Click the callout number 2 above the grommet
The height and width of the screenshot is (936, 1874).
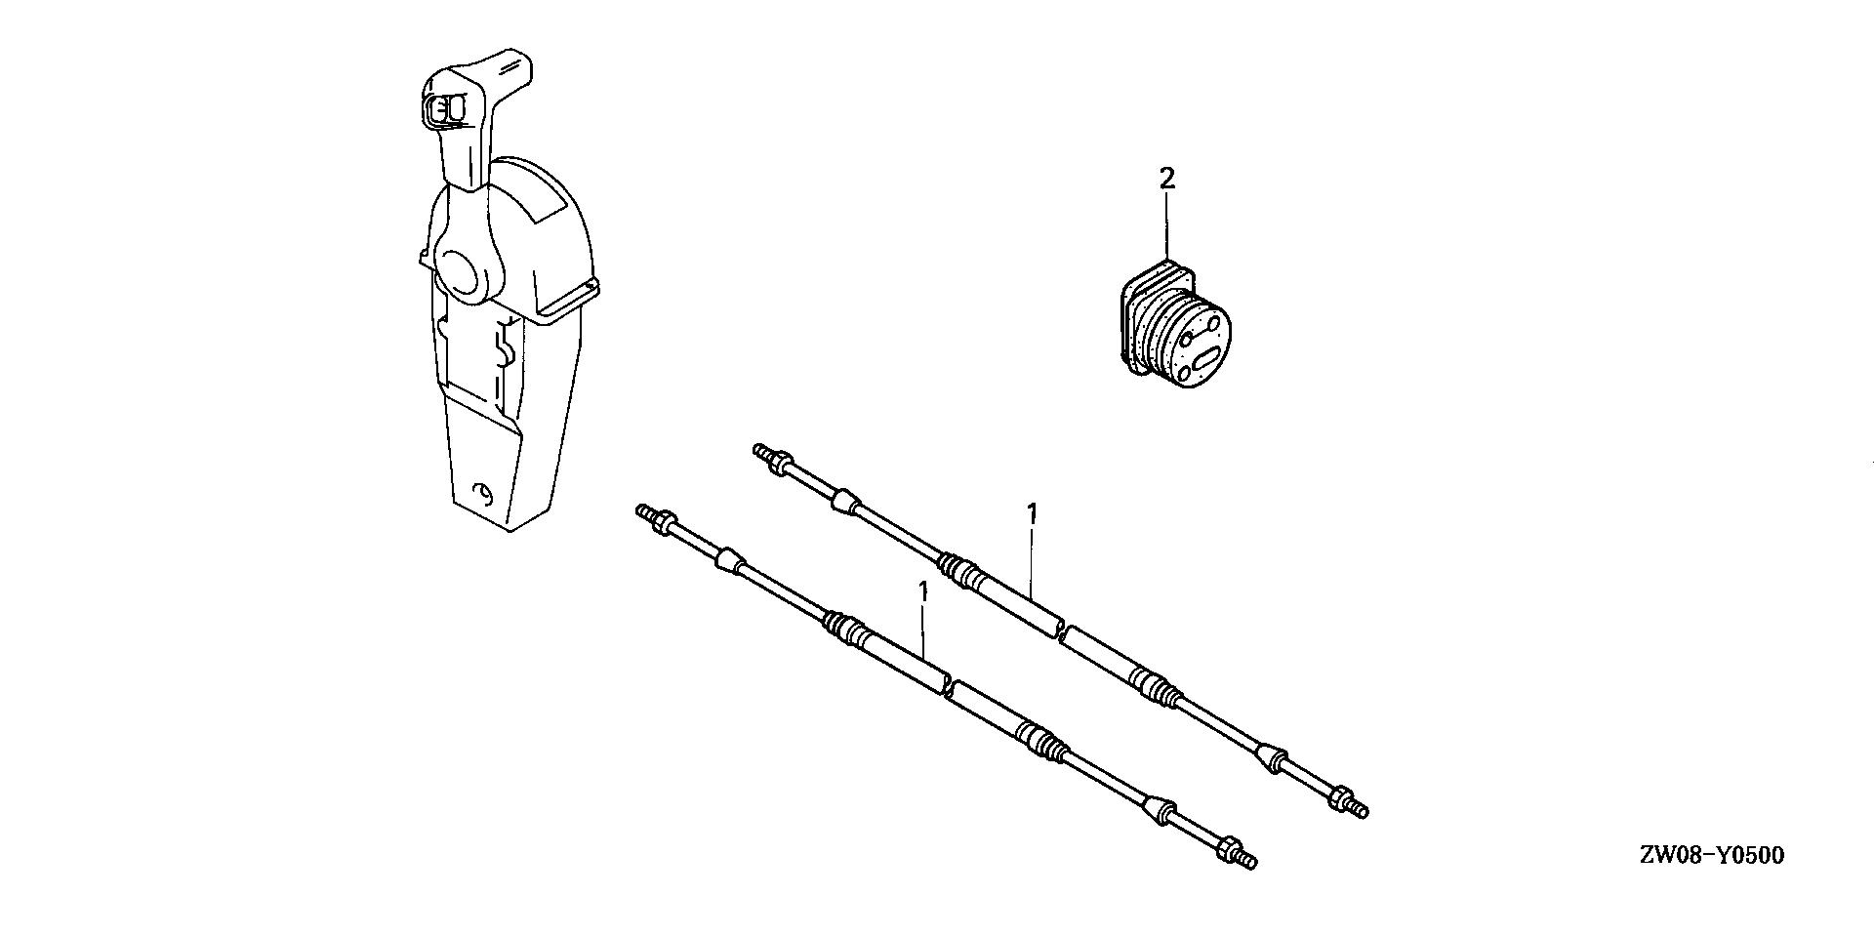pos(1166,178)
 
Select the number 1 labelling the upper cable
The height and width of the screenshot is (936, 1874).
pos(1032,513)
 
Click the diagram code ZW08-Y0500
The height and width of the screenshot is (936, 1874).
pos(1711,856)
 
